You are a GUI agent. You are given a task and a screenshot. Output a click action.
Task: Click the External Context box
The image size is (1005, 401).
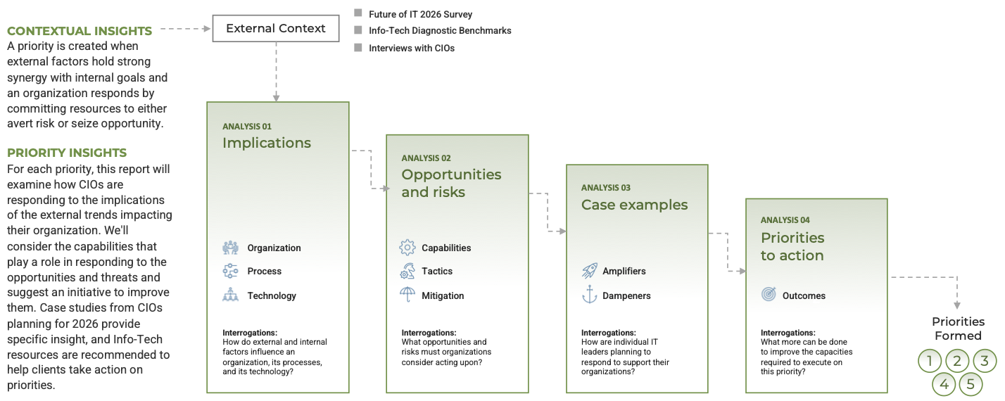(x=275, y=29)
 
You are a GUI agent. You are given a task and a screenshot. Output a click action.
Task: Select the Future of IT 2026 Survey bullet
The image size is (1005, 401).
(x=420, y=14)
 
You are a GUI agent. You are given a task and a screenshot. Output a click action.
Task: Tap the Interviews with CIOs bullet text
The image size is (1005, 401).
(x=412, y=49)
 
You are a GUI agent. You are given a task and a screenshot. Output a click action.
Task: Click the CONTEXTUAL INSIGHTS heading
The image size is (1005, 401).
(x=80, y=31)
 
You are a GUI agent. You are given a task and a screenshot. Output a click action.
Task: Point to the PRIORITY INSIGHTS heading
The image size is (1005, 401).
(x=67, y=153)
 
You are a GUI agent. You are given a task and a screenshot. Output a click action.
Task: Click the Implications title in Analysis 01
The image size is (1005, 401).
(x=267, y=143)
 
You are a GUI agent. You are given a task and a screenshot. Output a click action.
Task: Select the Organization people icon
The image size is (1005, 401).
(x=230, y=248)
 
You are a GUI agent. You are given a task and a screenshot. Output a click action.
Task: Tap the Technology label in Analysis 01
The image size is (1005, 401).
(x=272, y=295)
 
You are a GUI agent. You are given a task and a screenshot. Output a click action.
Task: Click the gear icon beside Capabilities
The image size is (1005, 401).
(x=407, y=248)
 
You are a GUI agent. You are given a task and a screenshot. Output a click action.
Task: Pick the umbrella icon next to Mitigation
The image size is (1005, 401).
(x=407, y=295)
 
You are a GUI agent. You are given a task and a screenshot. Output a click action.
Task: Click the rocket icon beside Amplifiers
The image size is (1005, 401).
(x=589, y=271)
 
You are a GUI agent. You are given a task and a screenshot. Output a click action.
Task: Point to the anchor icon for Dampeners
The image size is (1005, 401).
(x=589, y=295)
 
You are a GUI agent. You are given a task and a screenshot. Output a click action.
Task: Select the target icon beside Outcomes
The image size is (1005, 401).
(x=769, y=295)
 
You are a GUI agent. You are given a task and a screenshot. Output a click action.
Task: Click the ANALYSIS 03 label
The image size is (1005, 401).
(x=606, y=188)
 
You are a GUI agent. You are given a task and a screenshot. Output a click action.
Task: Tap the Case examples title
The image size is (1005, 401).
(x=634, y=205)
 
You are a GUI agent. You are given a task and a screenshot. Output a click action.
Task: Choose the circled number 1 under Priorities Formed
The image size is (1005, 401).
(x=930, y=362)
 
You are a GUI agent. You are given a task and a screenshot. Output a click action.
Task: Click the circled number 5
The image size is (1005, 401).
(x=971, y=384)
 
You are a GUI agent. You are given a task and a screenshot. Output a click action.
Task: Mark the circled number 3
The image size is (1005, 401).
(x=985, y=362)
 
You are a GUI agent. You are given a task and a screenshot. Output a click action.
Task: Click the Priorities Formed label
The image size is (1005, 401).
(x=958, y=329)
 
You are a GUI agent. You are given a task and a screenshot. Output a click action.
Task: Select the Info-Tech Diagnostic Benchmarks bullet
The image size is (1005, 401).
(x=440, y=31)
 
